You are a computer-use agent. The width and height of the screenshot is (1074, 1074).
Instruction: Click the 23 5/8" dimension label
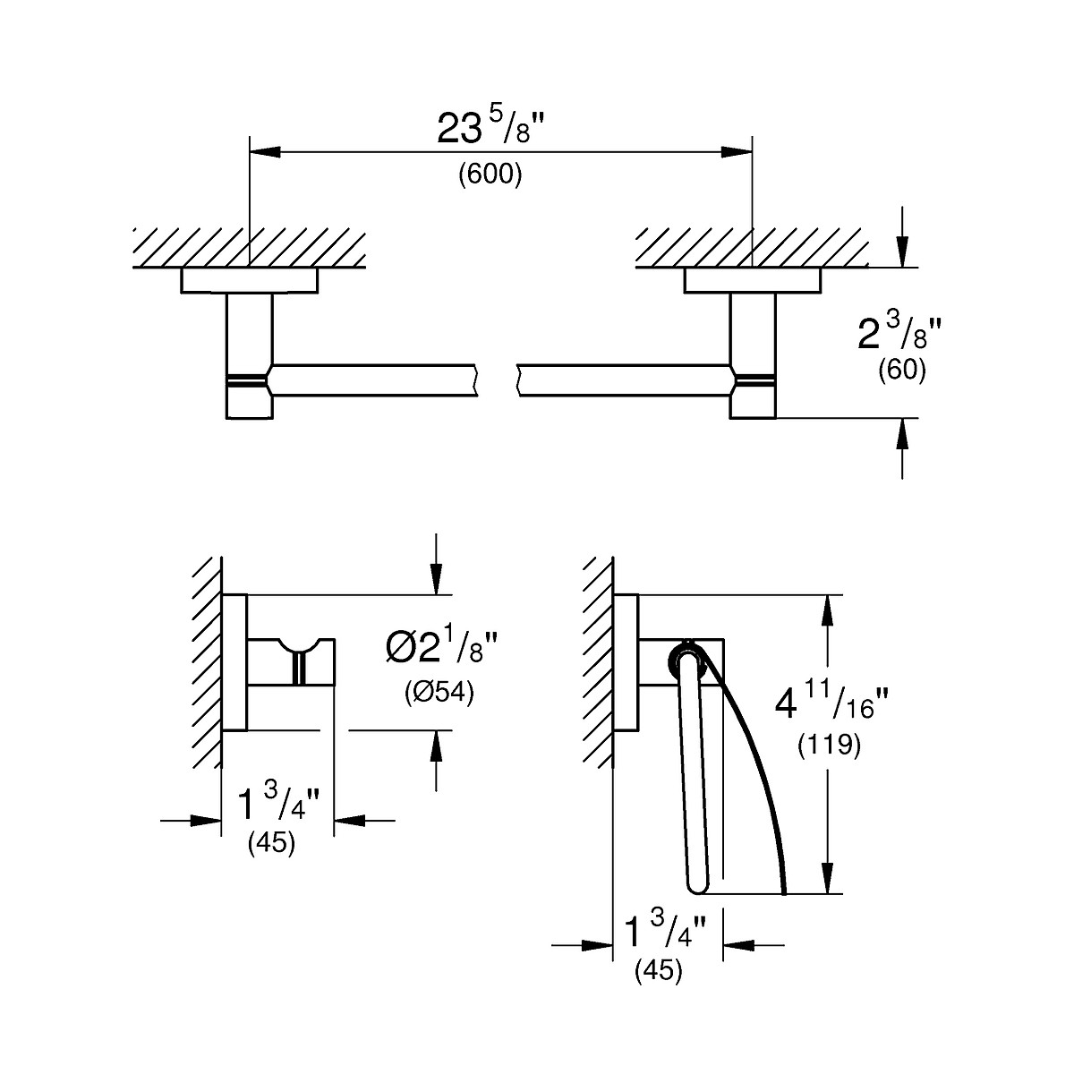point(491,128)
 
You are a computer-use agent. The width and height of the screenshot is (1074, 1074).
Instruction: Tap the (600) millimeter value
point(490,175)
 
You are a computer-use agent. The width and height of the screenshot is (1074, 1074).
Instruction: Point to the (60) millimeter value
point(901,370)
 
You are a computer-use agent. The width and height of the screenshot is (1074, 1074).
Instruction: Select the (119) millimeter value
point(829,745)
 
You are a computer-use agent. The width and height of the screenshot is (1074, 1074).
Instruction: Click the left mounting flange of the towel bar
point(249,280)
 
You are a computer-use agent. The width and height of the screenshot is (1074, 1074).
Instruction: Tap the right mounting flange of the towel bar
point(752,280)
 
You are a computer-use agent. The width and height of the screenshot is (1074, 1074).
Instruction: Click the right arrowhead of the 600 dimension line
point(738,153)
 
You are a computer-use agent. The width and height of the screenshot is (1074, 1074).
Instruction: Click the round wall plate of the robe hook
point(234,662)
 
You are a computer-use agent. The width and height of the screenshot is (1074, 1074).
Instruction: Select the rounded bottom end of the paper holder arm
point(699,885)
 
